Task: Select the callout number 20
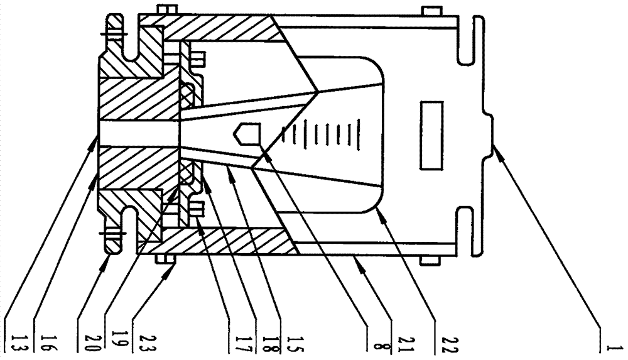pos(84,344)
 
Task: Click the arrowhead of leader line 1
pos(494,147)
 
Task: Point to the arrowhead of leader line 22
pos(379,212)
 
